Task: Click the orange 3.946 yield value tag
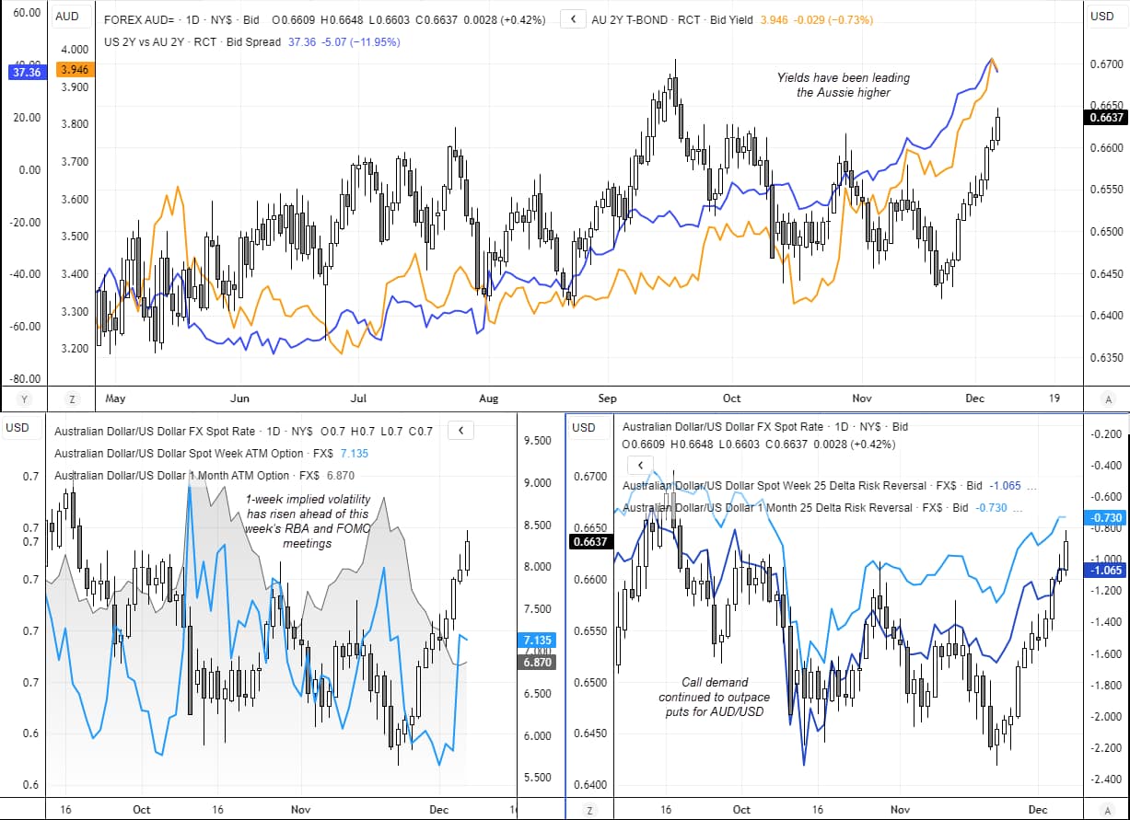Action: click(x=74, y=70)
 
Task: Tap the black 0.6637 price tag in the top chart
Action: click(x=1105, y=117)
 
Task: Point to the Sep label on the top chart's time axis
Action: click(x=607, y=398)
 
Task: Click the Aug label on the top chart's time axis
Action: click(x=489, y=398)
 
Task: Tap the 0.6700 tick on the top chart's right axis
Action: click(x=1105, y=64)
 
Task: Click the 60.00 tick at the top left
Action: click(x=26, y=14)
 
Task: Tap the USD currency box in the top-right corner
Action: click(x=1102, y=16)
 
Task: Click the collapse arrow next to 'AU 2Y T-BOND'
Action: click(x=573, y=19)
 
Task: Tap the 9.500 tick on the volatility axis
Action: click(x=539, y=441)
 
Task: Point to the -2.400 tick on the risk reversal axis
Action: click(x=1103, y=780)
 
